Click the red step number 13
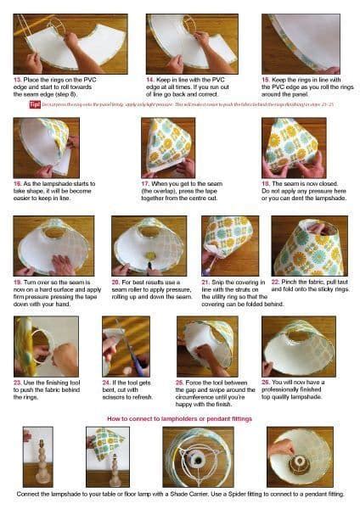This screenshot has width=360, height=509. [16, 77]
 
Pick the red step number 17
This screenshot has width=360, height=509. [146, 182]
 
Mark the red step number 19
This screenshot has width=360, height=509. [17, 281]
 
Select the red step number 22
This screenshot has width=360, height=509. [276, 281]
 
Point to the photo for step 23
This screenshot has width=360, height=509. [47, 346]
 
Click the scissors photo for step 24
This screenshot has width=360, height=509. [126, 346]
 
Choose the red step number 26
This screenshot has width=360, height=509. [267, 383]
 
